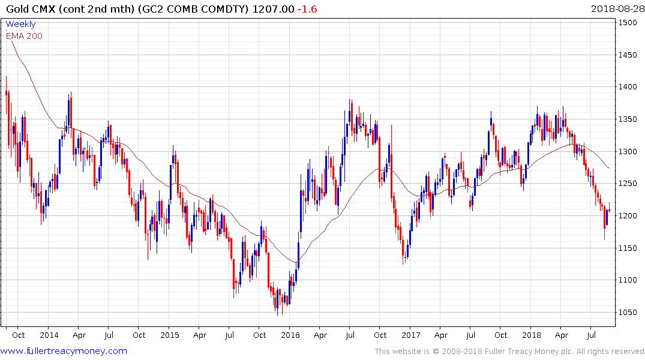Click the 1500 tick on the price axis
pos(629,23)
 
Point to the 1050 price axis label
pos(629,312)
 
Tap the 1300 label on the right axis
pos(629,151)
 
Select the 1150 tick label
pos(629,248)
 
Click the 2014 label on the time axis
pos(49,335)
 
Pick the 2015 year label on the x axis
pos(170,335)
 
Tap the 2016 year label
pos(290,335)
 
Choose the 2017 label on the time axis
pos(411,335)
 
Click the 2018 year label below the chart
pos(532,335)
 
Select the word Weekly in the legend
pos(20,25)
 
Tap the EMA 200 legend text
pos(24,36)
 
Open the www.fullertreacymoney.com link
pos(64,351)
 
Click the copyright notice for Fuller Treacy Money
pos(509,351)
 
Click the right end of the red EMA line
pos(610,169)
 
